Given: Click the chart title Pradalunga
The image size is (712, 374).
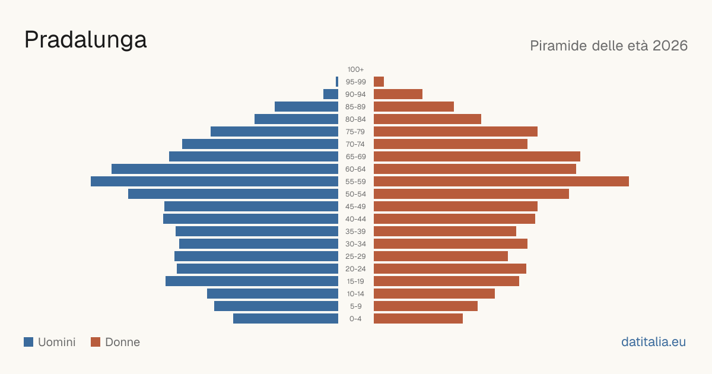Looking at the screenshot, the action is tap(85, 40).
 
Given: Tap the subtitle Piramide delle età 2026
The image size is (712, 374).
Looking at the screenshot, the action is tap(609, 46).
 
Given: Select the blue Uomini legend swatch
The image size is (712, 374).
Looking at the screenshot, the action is tap(28, 342).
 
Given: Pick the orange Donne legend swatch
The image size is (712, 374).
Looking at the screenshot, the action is tap(96, 342).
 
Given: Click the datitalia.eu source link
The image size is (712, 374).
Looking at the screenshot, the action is tap(653, 342).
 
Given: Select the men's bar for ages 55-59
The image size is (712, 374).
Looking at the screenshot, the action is tap(215, 181).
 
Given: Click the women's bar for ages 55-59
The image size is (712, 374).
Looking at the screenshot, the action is tap(501, 181).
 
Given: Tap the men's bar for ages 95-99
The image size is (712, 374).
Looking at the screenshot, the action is tap(337, 82).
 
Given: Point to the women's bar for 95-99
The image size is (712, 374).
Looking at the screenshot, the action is tap(379, 82).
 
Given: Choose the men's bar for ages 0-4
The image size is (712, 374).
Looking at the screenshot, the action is tap(286, 318).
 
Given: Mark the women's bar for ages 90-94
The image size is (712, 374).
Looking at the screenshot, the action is tap(398, 94).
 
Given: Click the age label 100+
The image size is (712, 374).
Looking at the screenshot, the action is tap(355, 69).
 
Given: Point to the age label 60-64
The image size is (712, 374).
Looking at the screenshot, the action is tap(355, 169).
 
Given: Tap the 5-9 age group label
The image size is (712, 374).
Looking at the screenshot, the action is tap(355, 306).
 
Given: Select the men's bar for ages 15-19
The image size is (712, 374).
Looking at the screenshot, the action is tap(252, 281).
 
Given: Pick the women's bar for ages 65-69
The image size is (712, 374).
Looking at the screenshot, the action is tap(477, 157).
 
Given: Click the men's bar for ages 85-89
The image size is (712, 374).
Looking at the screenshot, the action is tap(306, 106).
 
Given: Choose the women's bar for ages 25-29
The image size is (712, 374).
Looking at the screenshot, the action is tap(441, 256).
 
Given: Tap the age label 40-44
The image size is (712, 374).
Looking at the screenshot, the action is tap(355, 219).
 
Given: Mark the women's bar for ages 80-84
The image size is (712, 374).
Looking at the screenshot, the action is tap(428, 119).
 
